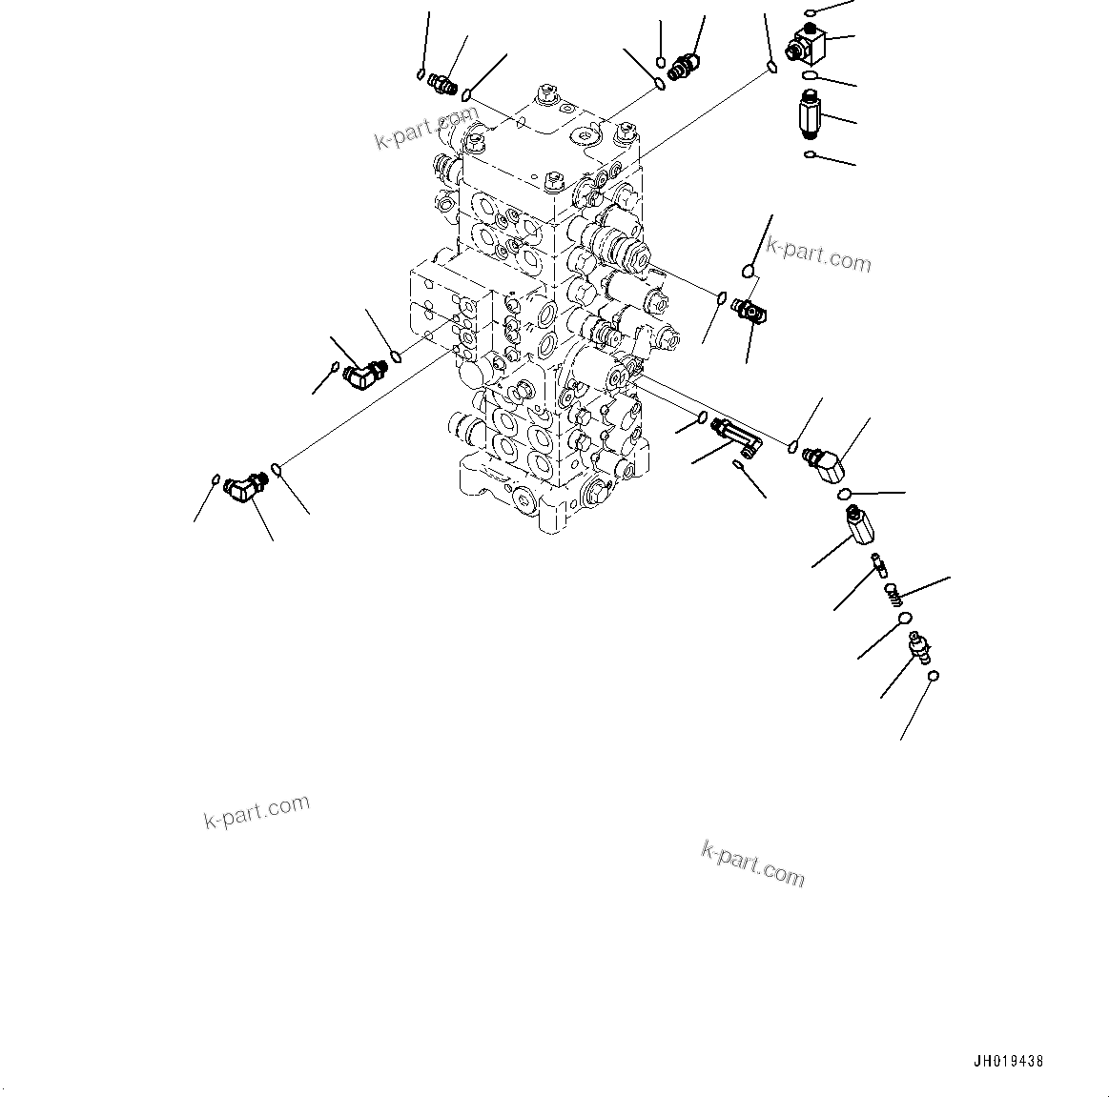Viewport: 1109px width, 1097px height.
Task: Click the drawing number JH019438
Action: click(1009, 1061)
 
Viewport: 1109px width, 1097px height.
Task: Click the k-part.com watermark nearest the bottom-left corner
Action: click(257, 811)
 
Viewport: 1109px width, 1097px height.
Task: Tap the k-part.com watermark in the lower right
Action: click(752, 863)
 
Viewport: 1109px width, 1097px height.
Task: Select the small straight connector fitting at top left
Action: click(441, 83)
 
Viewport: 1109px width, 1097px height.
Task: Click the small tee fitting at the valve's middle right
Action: click(750, 311)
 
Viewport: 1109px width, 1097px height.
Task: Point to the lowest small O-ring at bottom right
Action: click(934, 676)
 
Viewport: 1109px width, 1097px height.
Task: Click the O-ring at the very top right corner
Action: click(809, 12)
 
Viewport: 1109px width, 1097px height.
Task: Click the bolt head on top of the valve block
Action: click(547, 93)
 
